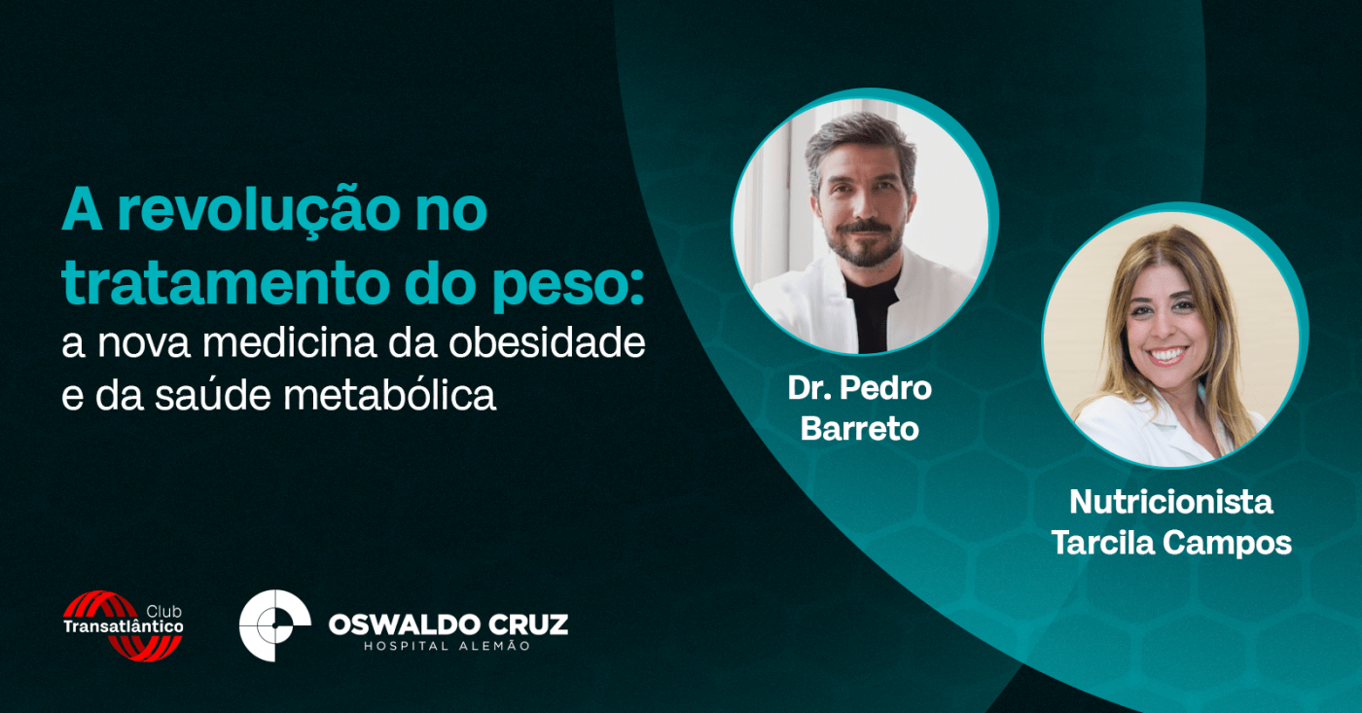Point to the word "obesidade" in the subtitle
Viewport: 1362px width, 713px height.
pos(547,342)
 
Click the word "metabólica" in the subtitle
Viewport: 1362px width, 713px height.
pos(390,395)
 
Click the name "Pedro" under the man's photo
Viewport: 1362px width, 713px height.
pos(886,388)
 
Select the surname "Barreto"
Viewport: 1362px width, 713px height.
pos(860,429)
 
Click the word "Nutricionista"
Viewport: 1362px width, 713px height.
pos(1171,502)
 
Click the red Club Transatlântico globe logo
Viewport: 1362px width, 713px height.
pos(123,626)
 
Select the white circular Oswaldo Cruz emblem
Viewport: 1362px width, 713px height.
pos(274,624)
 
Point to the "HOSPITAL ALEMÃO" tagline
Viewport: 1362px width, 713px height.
pos(448,646)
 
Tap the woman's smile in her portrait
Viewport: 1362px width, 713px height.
pos(1166,354)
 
